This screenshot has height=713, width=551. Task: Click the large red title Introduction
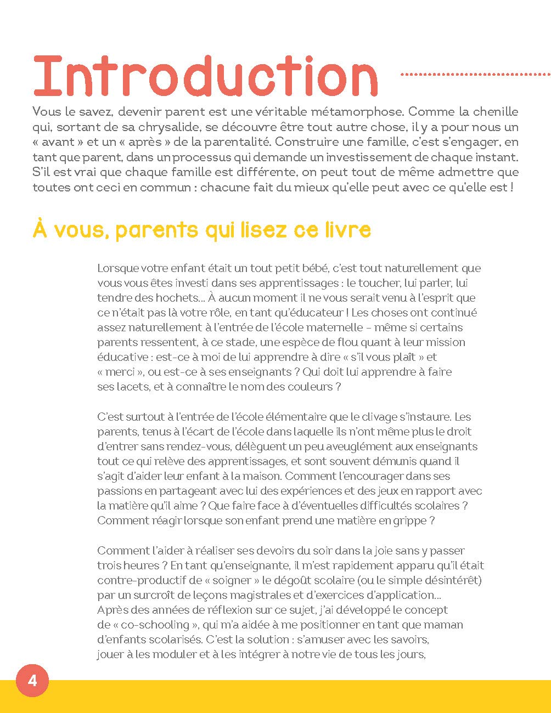(x=205, y=76)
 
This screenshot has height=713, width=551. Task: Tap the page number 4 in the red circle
(x=32, y=681)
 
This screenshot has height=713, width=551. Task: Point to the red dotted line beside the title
(x=475, y=74)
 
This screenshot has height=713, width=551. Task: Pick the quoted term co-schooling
(x=156, y=625)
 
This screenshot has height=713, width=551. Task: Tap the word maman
(x=442, y=625)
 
